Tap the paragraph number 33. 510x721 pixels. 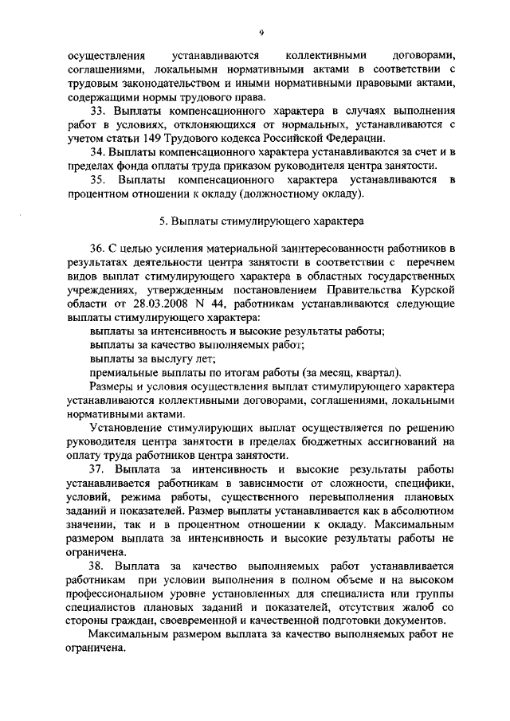click(98, 109)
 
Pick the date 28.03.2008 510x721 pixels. click(169, 304)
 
